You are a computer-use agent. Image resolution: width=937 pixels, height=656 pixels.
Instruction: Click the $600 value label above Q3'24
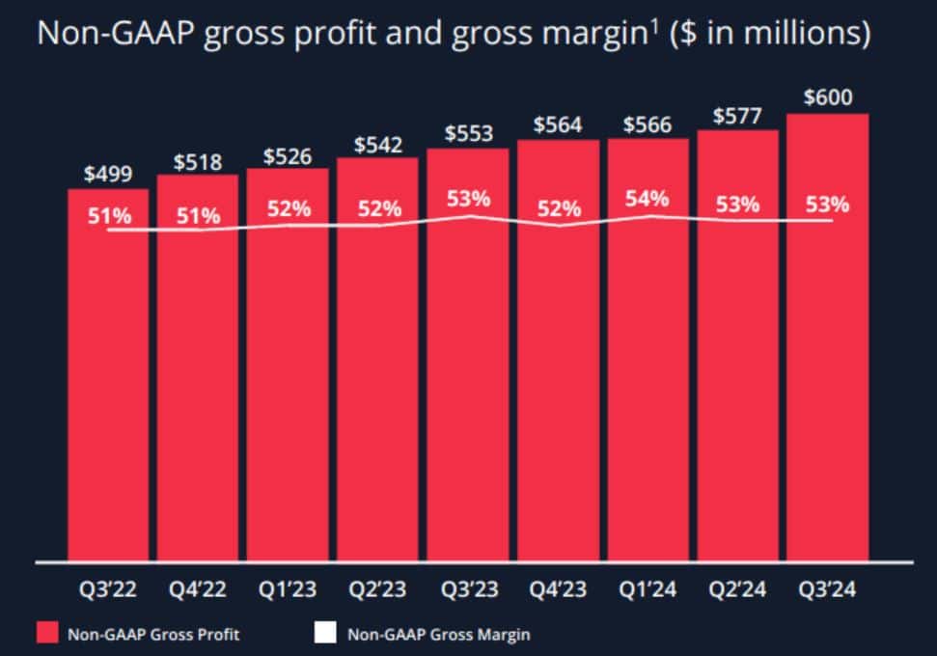click(x=828, y=97)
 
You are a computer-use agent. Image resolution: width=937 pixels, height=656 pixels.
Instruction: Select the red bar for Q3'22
click(x=108, y=386)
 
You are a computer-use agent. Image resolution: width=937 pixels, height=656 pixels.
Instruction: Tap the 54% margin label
click(x=647, y=199)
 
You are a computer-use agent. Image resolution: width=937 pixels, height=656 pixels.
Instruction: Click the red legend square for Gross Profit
click(x=47, y=634)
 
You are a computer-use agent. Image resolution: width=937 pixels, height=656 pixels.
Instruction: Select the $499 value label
click(x=108, y=175)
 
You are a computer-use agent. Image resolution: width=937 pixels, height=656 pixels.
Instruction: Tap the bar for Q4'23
click(x=558, y=386)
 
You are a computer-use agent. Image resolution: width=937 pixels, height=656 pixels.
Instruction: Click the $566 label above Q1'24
click(x=648, y=124)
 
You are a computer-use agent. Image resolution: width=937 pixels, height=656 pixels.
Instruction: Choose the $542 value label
click(x=377, y=144)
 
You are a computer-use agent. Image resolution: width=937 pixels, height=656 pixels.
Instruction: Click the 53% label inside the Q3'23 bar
click(x=468, y=199)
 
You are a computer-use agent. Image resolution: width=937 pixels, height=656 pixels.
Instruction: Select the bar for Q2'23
click(x=377, y=386)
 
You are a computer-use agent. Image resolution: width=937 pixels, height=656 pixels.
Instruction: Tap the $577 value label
click(x=737, y=116)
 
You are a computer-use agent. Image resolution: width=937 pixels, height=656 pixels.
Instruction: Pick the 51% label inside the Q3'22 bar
click(x=108, y=215)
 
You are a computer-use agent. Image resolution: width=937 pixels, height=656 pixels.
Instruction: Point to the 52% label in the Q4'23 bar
click(x=558, y=208)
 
